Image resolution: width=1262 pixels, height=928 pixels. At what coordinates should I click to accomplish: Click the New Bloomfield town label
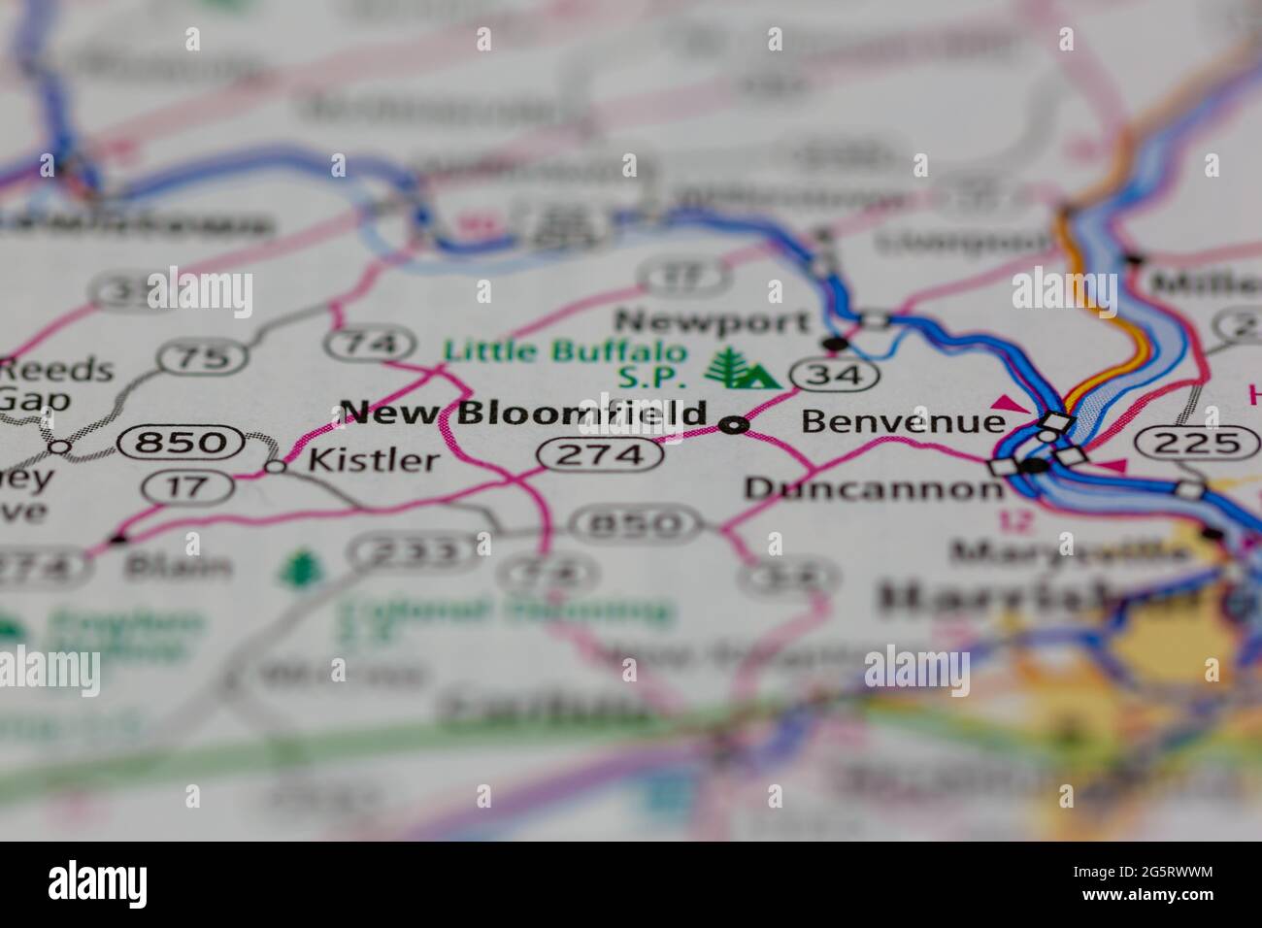pos(524,414)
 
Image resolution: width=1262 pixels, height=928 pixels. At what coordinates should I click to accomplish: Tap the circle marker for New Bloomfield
pos(735,424)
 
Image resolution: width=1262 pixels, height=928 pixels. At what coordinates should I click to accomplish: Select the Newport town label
pos(713,320)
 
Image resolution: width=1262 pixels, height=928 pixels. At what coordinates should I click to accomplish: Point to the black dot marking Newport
pos(833,343)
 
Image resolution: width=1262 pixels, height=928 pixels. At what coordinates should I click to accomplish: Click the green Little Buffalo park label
pos(565,351)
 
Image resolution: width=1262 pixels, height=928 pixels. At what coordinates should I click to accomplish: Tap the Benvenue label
pos(902,421)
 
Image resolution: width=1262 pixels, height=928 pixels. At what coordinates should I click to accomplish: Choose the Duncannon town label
pos(874,487)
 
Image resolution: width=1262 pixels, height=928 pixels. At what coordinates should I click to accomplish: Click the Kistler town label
pos(373,459)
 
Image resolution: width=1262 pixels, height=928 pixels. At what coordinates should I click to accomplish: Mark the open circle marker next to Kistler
pos(277,466)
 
